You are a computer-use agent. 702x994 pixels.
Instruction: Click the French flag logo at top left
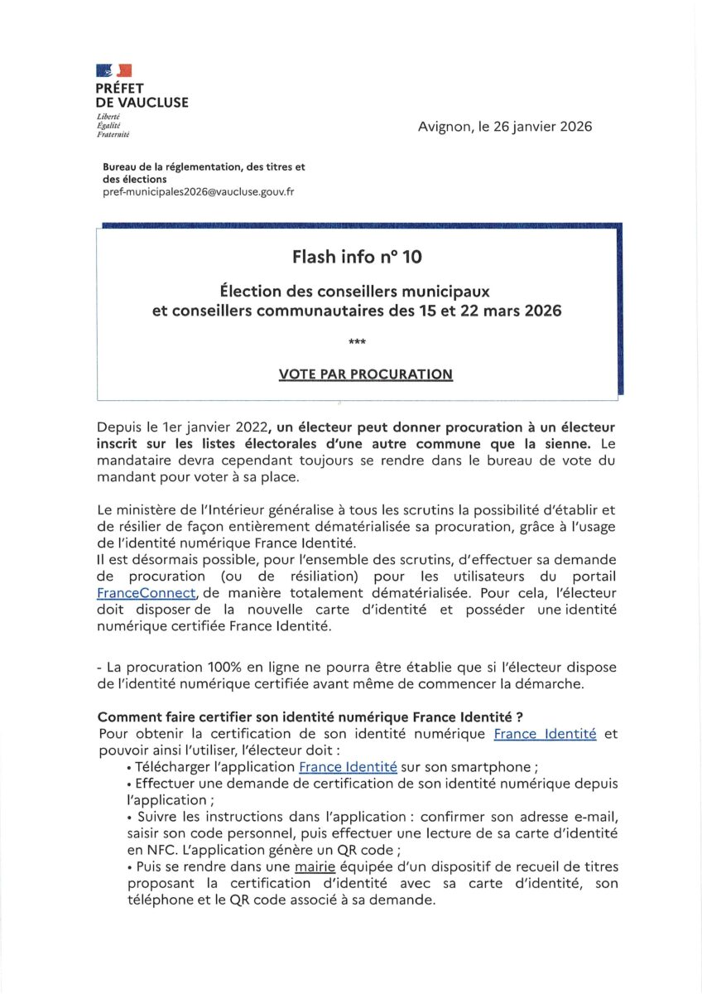click(x=114, y=70)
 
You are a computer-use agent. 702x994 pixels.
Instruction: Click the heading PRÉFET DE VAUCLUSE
click(x=142, y=95)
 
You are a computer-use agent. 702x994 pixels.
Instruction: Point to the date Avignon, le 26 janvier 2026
click(x=505, y=127)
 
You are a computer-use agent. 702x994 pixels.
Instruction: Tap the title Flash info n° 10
click(x=357, y=257)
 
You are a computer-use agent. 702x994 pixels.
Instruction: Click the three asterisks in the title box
click(x=358, y=340)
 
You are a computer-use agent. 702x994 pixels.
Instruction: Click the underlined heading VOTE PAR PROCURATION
click(x=365, y=374)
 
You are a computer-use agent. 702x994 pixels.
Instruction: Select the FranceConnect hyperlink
click(x=147, y=593)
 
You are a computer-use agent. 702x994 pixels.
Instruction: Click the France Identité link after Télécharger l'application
click(x=348, y=767)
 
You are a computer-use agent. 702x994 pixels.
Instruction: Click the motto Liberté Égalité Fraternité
click(x=113, y=126)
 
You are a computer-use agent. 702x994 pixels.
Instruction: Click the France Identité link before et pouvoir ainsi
click(x=545, y=734)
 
